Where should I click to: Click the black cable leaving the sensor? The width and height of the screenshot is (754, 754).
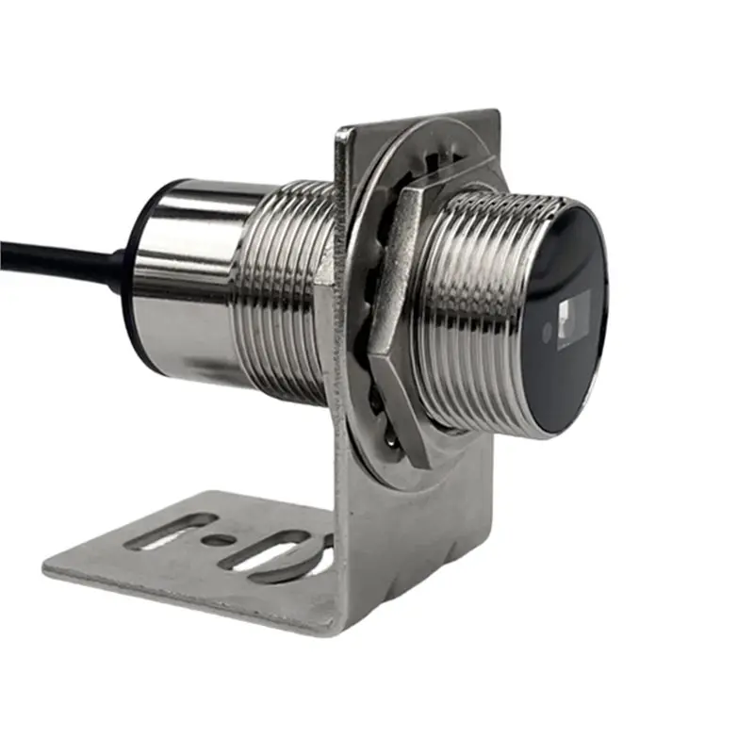[x=57, y=254]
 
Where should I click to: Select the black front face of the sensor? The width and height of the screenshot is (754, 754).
[x=565, y=320]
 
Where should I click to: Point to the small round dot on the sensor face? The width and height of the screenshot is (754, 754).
[x=548, y=332]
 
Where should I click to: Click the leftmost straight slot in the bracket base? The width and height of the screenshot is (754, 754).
[x=170, y=533]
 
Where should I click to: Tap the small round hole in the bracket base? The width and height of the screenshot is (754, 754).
[x=219, y=541]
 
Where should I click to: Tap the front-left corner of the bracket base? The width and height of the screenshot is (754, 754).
[x=47, y=568]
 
